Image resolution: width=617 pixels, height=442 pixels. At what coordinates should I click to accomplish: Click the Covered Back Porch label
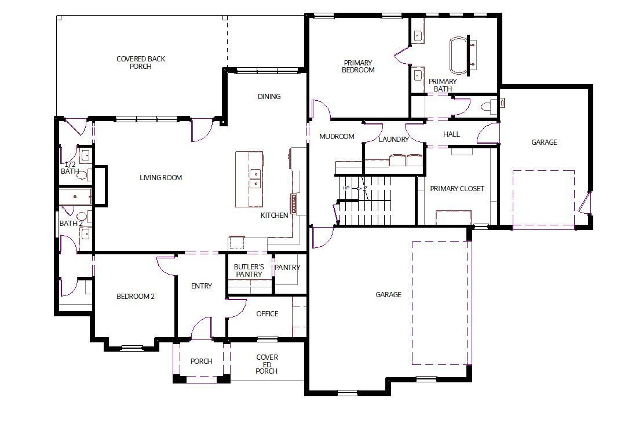(x=140, y=63)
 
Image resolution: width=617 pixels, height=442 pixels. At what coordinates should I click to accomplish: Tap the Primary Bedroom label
(x=358, y=66)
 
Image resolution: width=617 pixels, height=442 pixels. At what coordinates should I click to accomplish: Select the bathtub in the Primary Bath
(x=458, y=56)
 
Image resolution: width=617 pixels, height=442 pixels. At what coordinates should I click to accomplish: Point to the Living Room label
(x=160, y=177)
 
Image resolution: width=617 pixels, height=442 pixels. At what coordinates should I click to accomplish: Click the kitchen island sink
(x=255, y=178)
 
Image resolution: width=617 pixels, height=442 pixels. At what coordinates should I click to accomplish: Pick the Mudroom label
(x=337, y=137)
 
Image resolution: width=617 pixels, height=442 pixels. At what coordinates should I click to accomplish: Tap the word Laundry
(x=393, y=140)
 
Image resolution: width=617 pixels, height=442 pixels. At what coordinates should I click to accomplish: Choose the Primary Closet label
(x=457, y=188)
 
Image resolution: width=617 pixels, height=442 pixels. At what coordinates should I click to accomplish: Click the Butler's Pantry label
(x=249, y=271)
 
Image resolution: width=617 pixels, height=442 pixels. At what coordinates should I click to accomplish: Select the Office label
(x=267, y=314)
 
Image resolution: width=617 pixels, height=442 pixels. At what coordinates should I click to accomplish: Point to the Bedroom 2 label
(x=136, y=297)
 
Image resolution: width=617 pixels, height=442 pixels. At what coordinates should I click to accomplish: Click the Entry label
(x=202, y=286)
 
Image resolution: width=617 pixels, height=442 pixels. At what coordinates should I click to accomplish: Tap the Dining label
(x=269, y=96)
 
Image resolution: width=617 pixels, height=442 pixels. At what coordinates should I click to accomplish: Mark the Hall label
(x=451, y=134)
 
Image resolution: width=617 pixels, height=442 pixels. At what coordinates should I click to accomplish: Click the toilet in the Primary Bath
(x=488, y=106)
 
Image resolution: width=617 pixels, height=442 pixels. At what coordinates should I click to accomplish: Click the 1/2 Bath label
(x=70, y=167)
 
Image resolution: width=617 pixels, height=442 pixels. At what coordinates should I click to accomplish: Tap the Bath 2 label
(x=71, y=223)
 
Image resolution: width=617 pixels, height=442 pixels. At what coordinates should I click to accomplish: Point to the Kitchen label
(x=274, y=215)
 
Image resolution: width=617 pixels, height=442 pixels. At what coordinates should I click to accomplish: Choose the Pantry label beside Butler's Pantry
(x=287, y=267)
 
